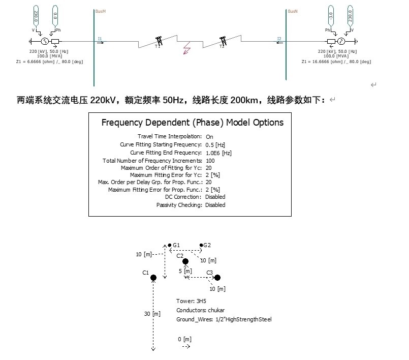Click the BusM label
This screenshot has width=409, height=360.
[101, 11]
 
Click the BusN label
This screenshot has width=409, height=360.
[293, 11]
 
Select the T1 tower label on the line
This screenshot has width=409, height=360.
[157, 46]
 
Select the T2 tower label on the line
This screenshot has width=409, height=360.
[222, 46]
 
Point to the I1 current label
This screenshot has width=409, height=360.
[100, 38]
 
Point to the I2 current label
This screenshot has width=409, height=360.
[279, 38]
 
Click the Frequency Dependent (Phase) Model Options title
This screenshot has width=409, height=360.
[193, 123]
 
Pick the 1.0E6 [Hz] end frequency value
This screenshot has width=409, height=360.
[218, 153]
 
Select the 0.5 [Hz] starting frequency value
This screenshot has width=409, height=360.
[215, 145]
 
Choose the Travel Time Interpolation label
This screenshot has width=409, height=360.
[169, 136]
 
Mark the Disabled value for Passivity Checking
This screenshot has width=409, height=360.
[215, 205]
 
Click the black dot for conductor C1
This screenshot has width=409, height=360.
[153, 278]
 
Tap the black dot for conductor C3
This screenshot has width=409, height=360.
[217, 278]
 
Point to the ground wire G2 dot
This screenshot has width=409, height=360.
[202, 246]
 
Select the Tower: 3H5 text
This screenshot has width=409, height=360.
[191, 301]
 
